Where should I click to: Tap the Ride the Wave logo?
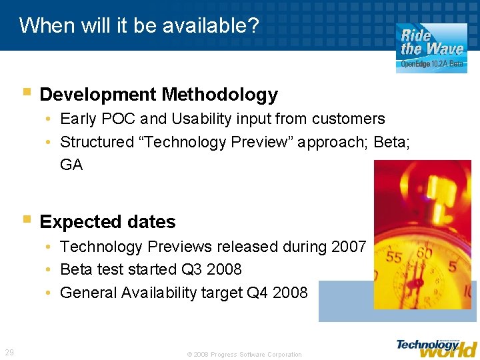432,47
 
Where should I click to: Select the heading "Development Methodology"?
159,95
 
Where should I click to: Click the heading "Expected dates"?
107,221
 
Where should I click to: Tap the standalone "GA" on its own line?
71,165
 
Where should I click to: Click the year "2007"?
349,247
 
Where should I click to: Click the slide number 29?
9,352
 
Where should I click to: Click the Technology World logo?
437,347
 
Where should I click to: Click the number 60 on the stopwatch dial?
423,253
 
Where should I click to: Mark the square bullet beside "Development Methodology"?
26,92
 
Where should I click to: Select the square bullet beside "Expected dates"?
26,219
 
